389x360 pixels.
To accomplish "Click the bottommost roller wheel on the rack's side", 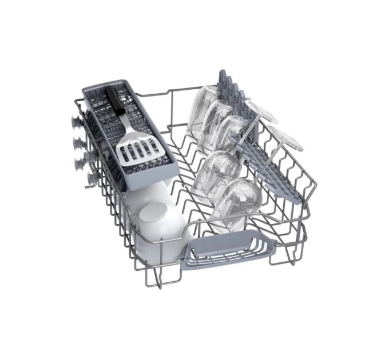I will click(92, 179).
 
